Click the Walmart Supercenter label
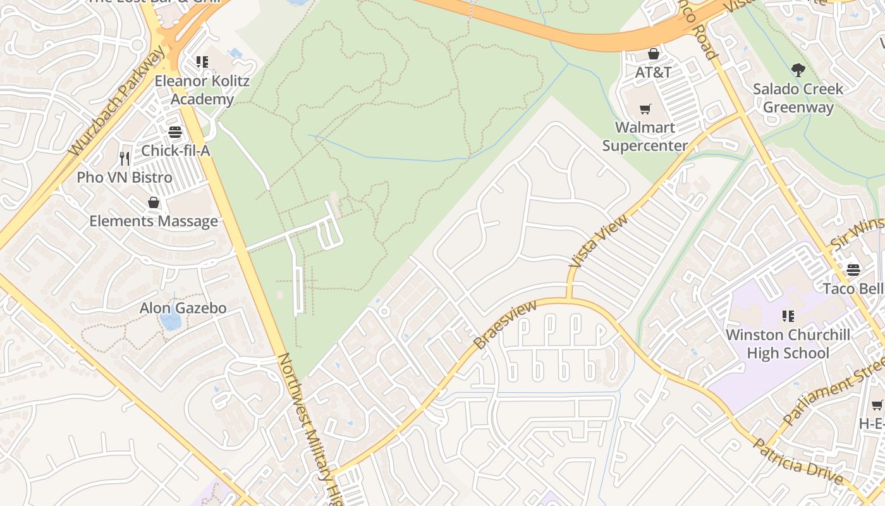(x=645, y=136)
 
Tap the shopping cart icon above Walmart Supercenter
(x=645, y=109)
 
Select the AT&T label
(x=653, y=72)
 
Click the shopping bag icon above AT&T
(x=654, y=54)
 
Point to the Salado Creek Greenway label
(x=798, y=98)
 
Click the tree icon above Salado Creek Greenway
(x=798, y=70)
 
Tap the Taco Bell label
(x=853, y=288)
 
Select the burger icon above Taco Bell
(x=853, y=270)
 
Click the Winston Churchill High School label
(x=788, y=343)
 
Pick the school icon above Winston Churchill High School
(x=788, y=316)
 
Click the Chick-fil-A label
(x=175, y=151)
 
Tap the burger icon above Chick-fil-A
(x=175, y=132)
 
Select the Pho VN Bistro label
(x=125, y=177)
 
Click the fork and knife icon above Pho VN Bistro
(x=125, y=158)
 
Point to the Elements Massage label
(x=154, y=221)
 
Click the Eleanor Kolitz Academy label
(x=202, y=90)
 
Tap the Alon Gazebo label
(x=183, y=308)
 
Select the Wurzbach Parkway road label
(x=118, y=102)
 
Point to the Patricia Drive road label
(x=797, y=460)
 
